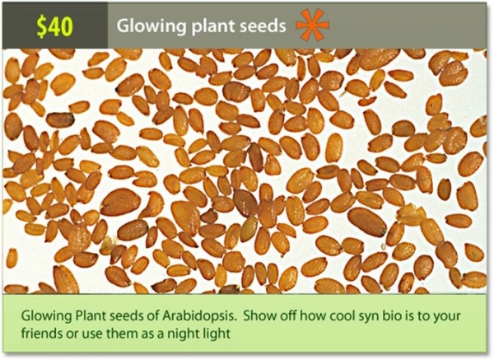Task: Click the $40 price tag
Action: tap(55, 26)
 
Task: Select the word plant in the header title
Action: tap(206, 26)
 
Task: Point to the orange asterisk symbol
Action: tap(312, 26)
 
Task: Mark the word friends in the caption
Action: tap(42, 334)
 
